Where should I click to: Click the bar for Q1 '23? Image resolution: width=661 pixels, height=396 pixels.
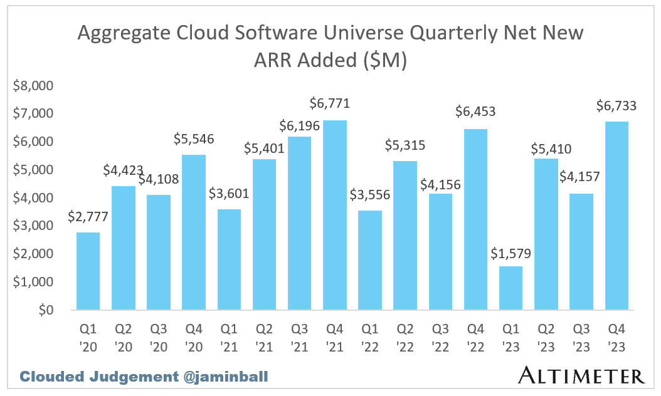tap(510, 288)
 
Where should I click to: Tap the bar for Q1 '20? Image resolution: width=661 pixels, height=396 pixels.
tap(88, 271)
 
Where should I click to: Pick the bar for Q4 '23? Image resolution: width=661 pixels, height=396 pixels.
tap(616, 216)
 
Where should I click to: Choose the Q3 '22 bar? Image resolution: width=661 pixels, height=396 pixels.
tap(440, 252)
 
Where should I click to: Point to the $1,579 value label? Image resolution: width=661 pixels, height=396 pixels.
tap(510, 254)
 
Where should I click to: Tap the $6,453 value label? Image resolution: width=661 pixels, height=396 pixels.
tap(476, 112)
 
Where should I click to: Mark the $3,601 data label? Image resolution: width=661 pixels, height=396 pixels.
tap(230, 193)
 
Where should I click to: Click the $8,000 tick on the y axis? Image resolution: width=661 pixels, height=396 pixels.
tap(34, 86)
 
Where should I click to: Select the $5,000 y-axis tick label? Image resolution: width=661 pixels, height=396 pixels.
tap(34, 170)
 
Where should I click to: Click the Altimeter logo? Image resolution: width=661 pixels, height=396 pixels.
tap(581, 375)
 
